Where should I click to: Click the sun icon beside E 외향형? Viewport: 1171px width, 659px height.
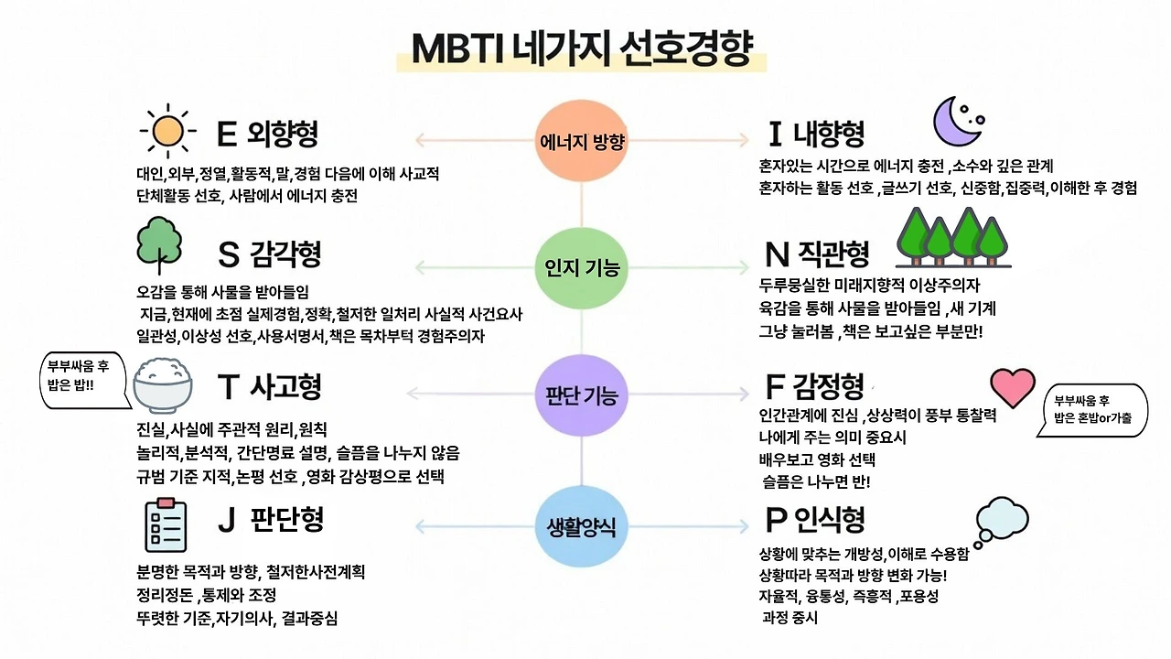168,131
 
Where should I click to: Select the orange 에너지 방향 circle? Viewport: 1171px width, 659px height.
582,141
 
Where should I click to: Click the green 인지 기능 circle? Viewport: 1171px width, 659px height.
582,268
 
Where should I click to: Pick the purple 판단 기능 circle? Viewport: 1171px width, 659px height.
582,395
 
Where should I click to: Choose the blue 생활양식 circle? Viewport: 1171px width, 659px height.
582,526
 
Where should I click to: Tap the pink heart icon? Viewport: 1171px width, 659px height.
1013,388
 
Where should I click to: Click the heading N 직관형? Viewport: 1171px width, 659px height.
816,253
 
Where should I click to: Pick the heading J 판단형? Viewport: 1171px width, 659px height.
271,520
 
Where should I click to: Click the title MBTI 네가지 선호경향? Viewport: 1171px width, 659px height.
582,48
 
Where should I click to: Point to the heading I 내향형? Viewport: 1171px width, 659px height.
816,135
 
